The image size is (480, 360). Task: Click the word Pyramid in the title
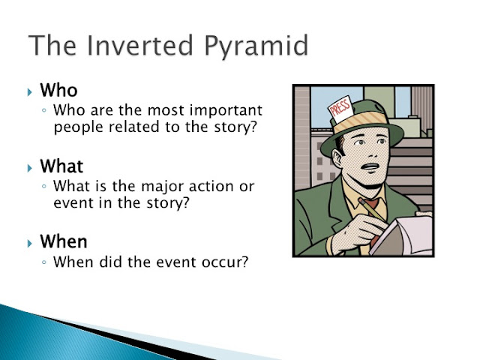tap(256, 46)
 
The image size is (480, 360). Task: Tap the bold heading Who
tap(58, 90)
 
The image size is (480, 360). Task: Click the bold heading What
tap(61, 166)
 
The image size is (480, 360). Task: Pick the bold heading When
tap(64, 241)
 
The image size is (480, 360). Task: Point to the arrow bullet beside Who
tap(29, 91)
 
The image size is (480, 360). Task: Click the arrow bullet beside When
tap(29, 243)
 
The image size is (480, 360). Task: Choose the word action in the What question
tap(211, 186)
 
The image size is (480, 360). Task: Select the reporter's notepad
tap(403, 235)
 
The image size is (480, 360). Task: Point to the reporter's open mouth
tap(370, 167)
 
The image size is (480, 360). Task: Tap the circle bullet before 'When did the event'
tap(44, 262)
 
